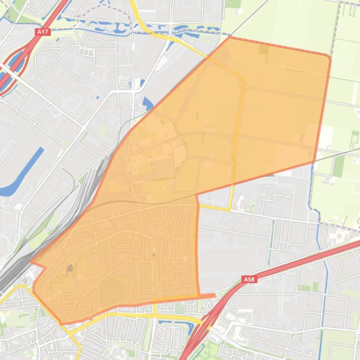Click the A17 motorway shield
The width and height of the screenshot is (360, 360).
click(43, 32)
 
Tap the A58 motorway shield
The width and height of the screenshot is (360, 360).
click(250, 280)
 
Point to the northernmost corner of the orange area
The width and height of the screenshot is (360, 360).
click(230, 36)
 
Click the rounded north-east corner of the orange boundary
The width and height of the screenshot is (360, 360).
click(328, 58)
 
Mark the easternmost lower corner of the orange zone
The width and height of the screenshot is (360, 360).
click(314, 162)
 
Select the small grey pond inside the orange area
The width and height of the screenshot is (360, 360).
click(70, 269)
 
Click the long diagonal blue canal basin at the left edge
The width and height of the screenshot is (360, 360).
click(21, 173)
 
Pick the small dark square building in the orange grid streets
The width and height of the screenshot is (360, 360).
click(154, 255)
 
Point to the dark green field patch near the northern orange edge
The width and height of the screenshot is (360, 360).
click(264, 49)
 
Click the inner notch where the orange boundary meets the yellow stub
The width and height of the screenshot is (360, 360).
click(197, 194)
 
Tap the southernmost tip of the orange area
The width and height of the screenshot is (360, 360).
click(62, 323)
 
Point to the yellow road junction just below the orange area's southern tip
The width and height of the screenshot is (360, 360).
click(70, 330)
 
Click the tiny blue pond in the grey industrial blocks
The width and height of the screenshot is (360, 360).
click(97, 97)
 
